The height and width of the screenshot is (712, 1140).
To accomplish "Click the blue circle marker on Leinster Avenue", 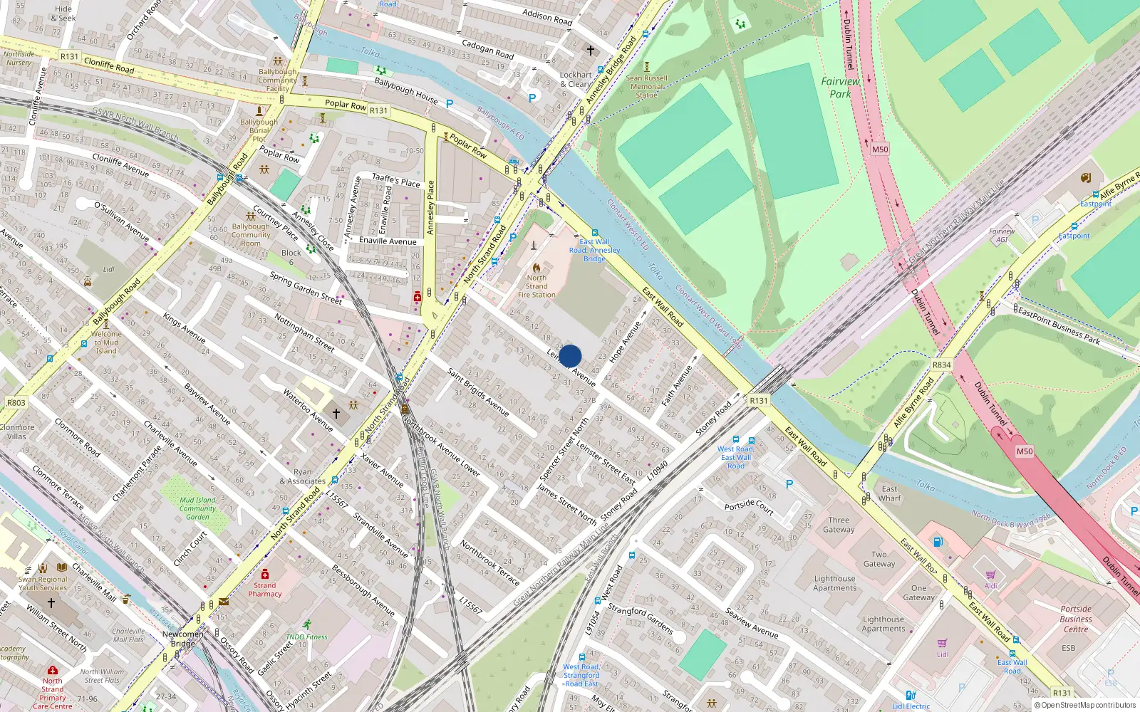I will tap(570, 356).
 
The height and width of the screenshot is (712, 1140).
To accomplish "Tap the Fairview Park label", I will tap(840, 87).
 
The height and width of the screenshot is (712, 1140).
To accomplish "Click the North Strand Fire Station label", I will tap(537, 286).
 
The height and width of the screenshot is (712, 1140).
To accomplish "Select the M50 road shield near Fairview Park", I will tap(880, 149).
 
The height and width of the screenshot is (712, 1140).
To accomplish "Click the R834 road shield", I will tap(941, 365).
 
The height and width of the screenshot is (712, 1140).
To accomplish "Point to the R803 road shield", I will tap(16, 402).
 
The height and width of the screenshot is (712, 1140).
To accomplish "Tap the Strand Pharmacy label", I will tap(265, 590).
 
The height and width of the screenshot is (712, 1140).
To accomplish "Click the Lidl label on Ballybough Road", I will tap(108, 269).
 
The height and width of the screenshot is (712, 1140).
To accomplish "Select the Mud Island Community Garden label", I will tap(197, 508).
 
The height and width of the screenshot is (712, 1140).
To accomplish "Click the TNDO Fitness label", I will tap(306, 637).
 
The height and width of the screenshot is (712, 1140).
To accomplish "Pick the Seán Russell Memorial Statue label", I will tap(646, 86).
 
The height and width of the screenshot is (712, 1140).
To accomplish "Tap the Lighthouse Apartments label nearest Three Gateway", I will tap(834, 583).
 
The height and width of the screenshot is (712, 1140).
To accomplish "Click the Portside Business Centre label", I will tap(1076, 619).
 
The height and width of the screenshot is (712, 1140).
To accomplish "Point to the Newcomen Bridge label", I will tap(182, 638).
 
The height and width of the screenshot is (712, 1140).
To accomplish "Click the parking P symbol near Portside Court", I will tap(789, 484).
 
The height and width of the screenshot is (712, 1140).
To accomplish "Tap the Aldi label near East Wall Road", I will tap(990, 585).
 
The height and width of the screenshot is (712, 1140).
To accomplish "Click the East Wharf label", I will tap(889, 493).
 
